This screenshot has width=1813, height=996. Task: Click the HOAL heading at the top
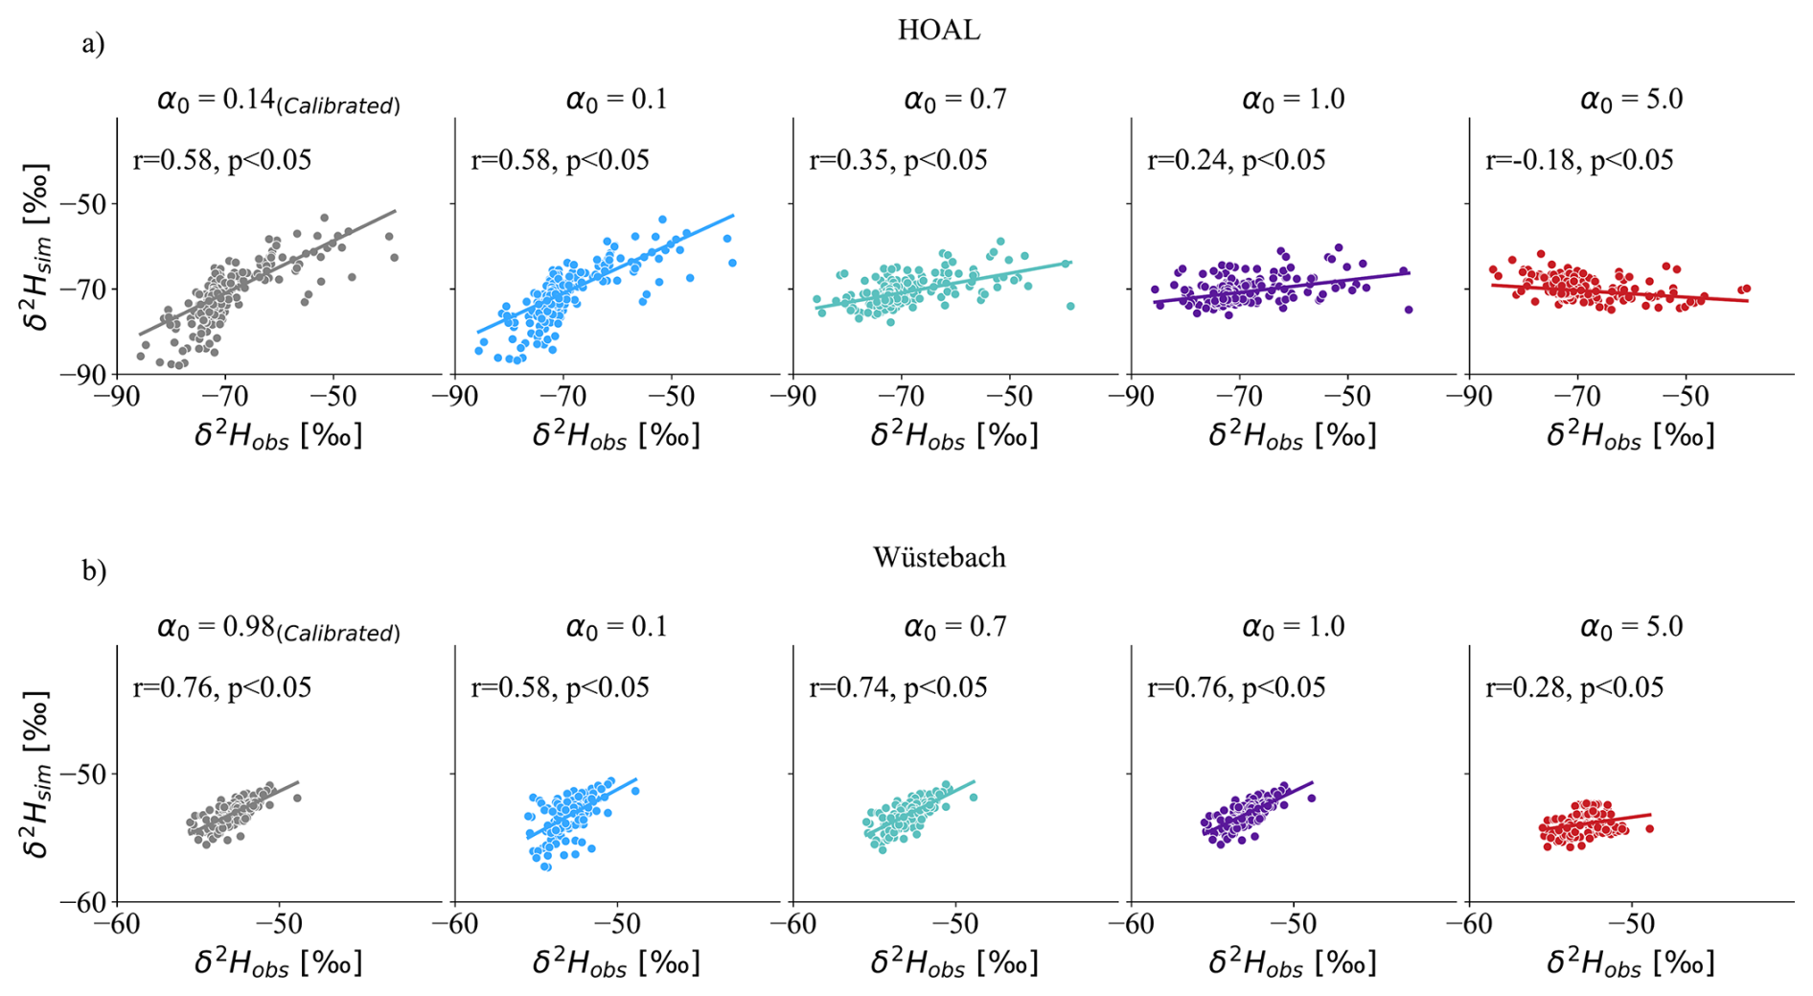click(x=938, y=31)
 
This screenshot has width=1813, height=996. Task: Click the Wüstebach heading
click(x=939, y=558)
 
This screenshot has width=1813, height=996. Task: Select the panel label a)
click(x=93, y=44)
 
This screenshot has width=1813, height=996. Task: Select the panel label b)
click(x=93, y=571)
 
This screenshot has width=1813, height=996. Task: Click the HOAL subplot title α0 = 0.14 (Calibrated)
click(x=278, y=100)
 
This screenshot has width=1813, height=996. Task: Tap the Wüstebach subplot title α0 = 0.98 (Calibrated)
click(x=278, y=628)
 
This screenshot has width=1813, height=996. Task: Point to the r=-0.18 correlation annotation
click(x=1578, y=160)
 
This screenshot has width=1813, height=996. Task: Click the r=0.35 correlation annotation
click(x=898, y=160)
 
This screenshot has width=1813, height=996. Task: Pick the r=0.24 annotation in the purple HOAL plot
click(x=1236, y=160)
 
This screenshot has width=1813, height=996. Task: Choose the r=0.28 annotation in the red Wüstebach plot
click(x=1574, y=687)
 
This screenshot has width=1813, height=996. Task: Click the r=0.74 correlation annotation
click(x=898, y=687)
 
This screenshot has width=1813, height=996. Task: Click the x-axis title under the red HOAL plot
click(x=1630, y=435)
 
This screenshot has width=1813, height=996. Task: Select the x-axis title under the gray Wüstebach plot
click(x=278, y=962)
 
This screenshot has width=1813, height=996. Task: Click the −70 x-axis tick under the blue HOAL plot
click(x=562, y=397)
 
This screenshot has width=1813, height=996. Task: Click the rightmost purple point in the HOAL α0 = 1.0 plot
click(x=1409, y=310)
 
